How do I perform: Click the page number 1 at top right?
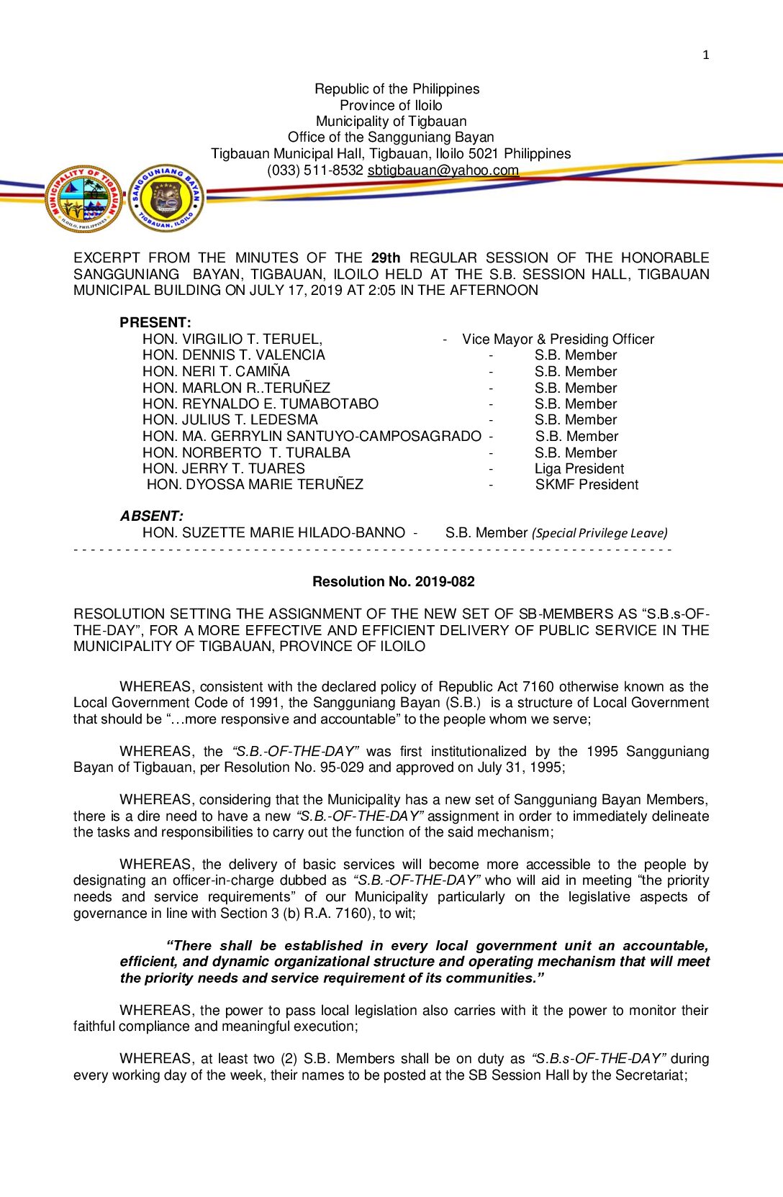[x=705, y=55]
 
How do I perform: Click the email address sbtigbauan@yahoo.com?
[x=443, y=170]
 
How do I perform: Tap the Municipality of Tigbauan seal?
[x=84, y=199]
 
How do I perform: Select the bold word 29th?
[x=386, y=258]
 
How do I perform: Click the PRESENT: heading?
[x=155, y=322]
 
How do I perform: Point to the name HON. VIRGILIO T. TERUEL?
[x=232, y=339]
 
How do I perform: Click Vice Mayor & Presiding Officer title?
[x=558, y=339]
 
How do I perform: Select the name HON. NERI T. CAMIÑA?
[x=216, y=371]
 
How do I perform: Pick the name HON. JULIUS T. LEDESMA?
[x=230, y=419]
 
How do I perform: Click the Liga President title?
[x=579, y=468]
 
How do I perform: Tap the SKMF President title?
[x=587, y=485]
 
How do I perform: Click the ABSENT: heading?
[x=151, y=516]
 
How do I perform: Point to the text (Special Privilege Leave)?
[x=599, y=533]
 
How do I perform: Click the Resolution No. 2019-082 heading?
[x=393, y=581]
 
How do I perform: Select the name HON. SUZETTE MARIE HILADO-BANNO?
[x=273, y=532]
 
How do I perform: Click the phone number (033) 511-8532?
[x=314, y=170]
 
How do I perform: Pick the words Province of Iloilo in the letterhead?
[x=391, y=105]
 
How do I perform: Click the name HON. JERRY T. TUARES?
[x=223, y=468]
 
